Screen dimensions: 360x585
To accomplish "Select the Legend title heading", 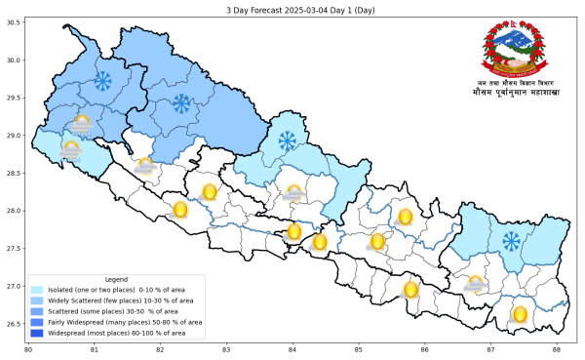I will [x=115, y=279].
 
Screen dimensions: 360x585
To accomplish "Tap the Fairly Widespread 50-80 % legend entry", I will [x=117, y=321].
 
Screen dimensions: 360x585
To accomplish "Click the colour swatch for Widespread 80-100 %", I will [x=37, y=332].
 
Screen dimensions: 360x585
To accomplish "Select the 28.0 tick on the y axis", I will [x=15, y=211].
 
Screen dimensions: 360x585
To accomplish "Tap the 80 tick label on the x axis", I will [x=28, y=349].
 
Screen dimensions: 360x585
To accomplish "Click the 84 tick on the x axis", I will [x=292, y=349].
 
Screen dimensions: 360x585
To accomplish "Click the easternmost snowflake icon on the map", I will [x=511, y=240].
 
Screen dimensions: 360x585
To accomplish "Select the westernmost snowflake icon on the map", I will [x=101, y=79].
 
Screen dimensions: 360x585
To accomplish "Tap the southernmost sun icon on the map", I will [x=520, y=314].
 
